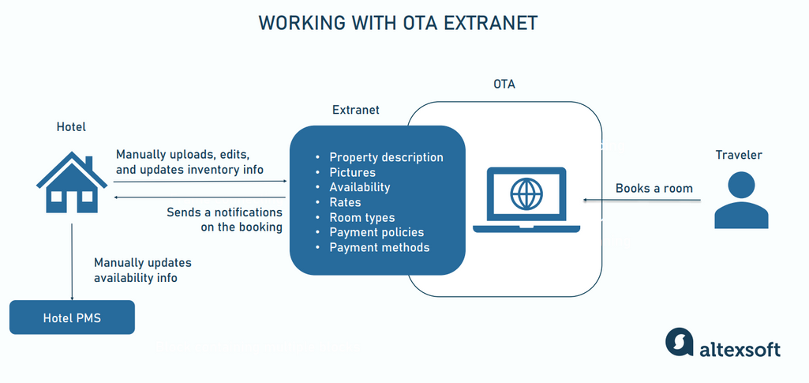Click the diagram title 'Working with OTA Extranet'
click(x=398, y=23)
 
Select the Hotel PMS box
click(x=72, y=318)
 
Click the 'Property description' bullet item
click(x=386, y=157)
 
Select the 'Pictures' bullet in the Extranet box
click(x=352, y=172)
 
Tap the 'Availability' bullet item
click(x=359, y=187)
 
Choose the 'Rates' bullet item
click(x=345, y=202)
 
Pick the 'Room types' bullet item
click(x=361, y=217)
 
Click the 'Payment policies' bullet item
click(x=376, y=232)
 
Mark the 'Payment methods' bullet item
click(x=379, y=247)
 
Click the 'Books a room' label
click(x=654, y=188)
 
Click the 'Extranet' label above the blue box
click(x=355, y=110)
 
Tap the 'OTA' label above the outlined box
click(x=504, y=84)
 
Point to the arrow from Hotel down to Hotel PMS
click(x=72, y=261)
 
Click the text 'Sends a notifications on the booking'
click(x=224, y=220)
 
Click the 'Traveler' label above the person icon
click(x=740, y=155)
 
